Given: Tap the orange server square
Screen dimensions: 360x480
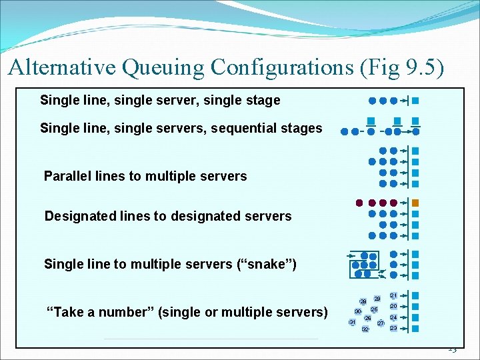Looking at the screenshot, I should (x=415, y=203).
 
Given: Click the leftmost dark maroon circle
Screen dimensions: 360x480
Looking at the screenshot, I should (x=359, y=203).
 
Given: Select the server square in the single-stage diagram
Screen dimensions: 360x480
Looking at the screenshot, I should (x=415, y=101).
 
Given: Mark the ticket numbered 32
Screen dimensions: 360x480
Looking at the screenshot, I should (x=365, y=329).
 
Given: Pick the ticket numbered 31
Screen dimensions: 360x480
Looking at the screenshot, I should (x=352, y=323).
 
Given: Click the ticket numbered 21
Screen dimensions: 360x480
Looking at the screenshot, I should (x=394, y=295).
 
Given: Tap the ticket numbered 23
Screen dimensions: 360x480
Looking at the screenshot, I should (x=394, y=329).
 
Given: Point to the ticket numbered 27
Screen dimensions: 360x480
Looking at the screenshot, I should (x=381, y=323).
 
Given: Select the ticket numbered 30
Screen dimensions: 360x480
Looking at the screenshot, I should (x=358, y=311).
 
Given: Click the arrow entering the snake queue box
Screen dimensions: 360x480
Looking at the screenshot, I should (x=351, y=255).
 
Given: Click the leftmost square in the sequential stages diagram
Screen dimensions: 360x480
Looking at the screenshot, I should (x=370, y=121).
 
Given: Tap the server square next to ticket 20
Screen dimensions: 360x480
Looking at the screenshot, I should (x=415, y=307).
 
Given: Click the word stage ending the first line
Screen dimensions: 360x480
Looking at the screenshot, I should (x=263, y=101).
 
